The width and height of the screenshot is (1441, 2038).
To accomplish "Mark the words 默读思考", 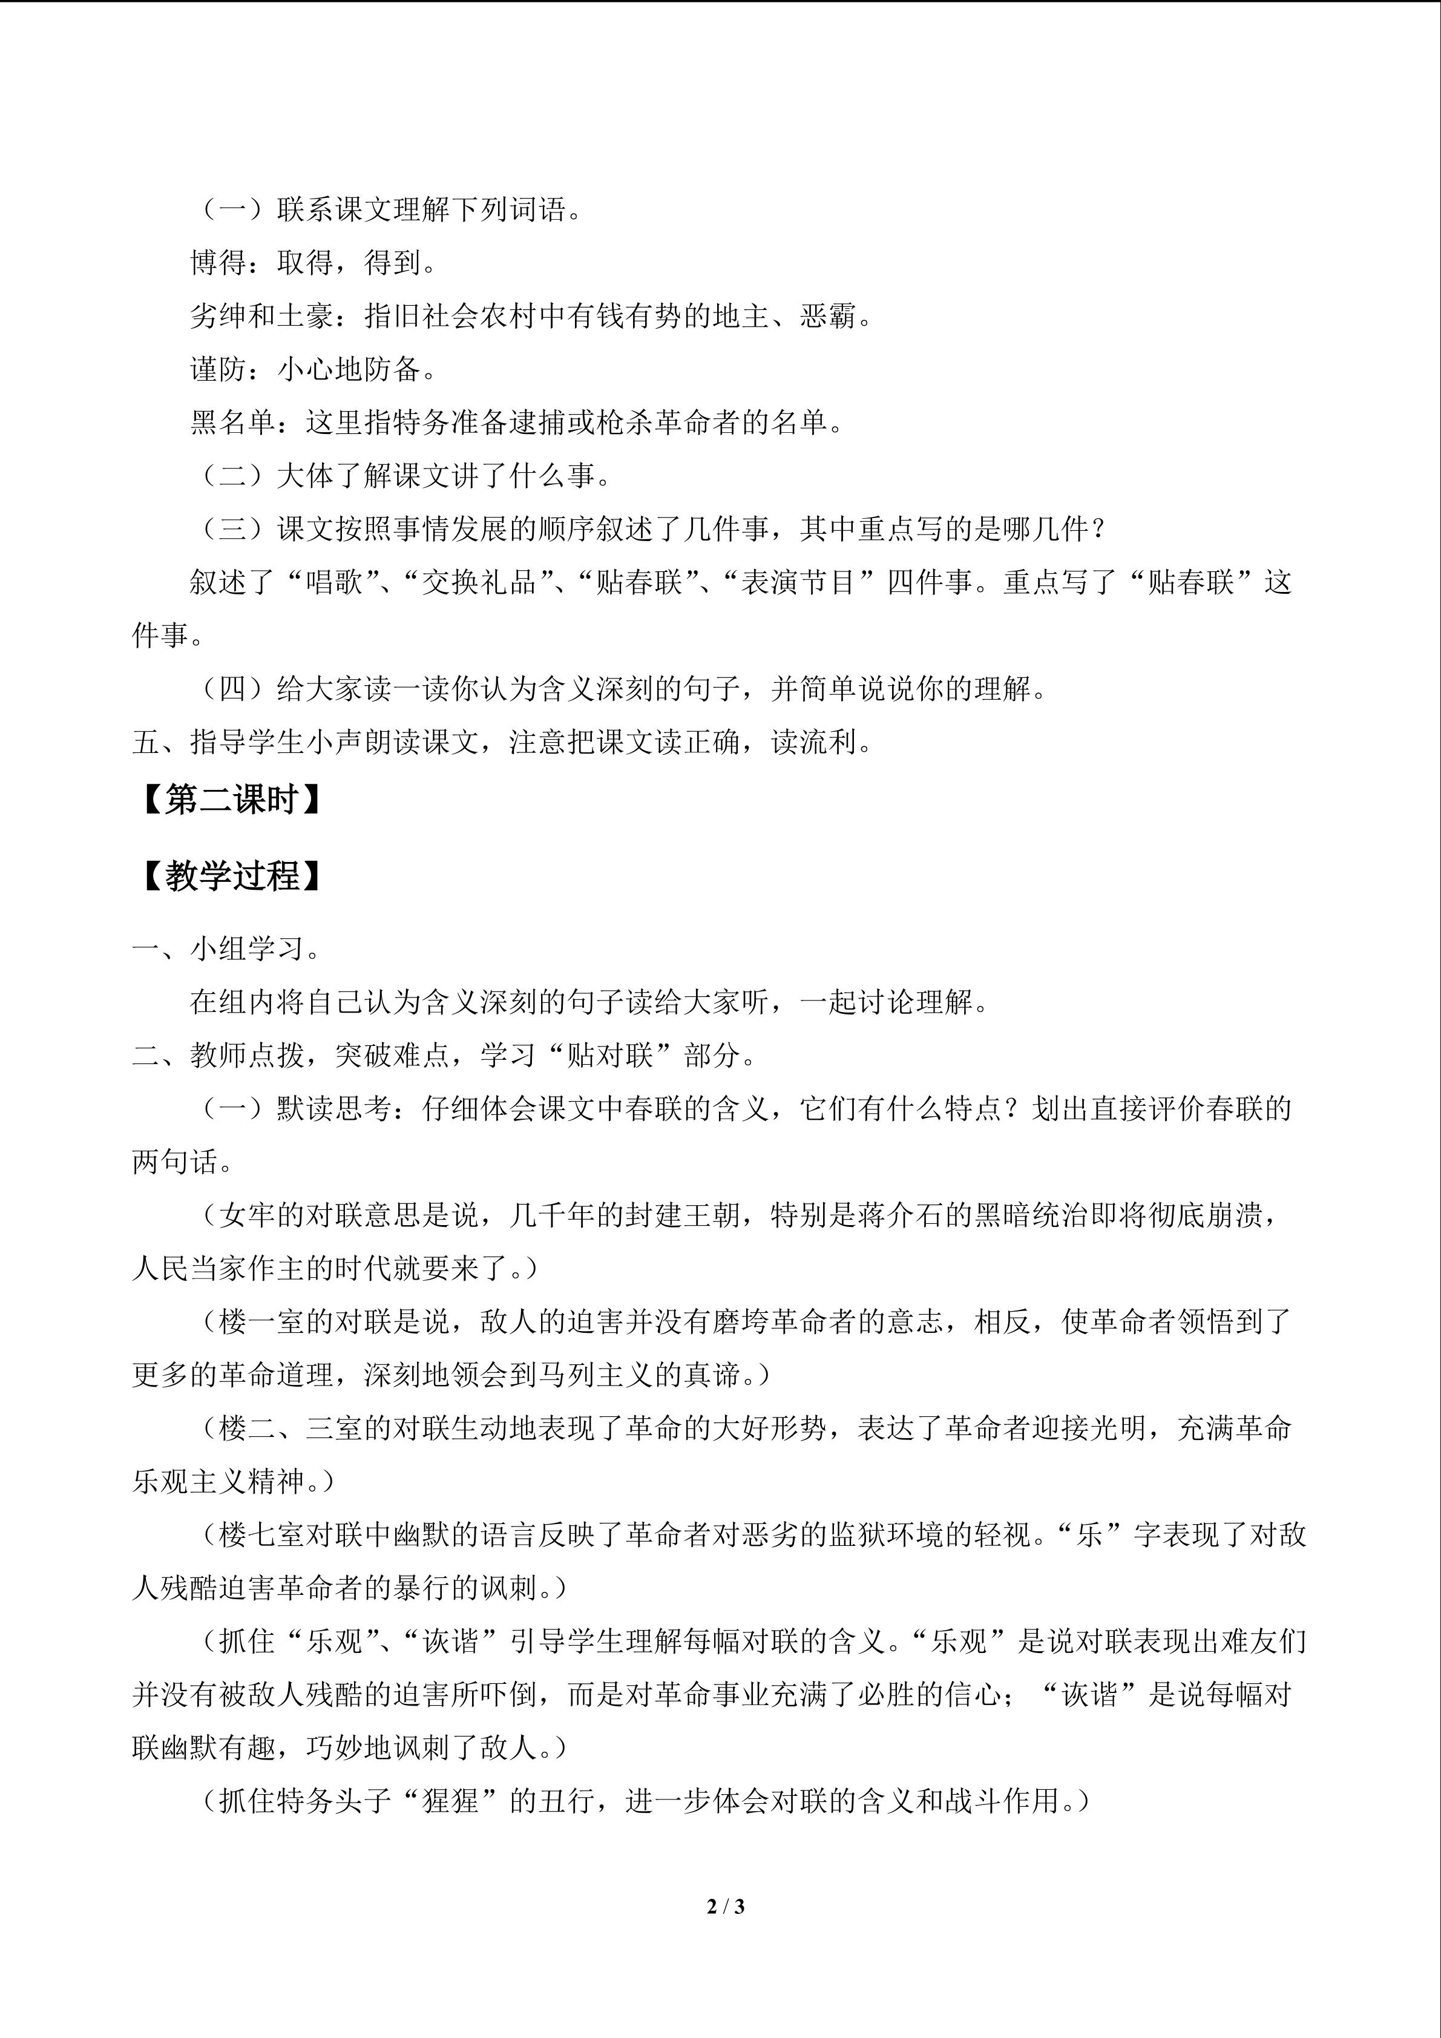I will (333, 1109).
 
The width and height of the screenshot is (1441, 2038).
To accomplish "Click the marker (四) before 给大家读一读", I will (232, 689).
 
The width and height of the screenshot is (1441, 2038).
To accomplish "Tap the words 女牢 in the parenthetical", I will (247, 1215).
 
